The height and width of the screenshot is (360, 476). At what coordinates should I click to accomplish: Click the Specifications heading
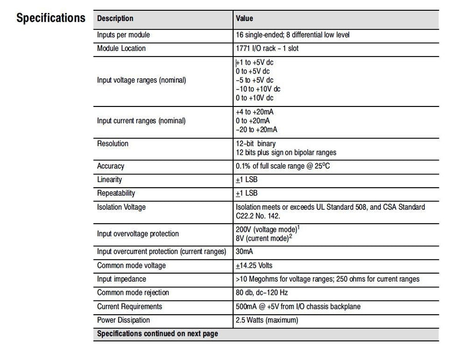[50, 18]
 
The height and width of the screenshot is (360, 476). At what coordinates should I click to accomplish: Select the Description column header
[115, 19]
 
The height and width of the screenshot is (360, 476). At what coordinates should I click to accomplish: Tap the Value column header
[244, 19]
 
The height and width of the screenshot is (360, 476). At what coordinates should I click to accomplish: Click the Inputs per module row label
[124, 35]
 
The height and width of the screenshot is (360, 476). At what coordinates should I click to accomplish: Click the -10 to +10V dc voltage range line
[258, 89]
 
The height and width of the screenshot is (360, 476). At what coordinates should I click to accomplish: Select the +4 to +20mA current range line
[254, 112]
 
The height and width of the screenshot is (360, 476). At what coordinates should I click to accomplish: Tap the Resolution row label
[113, 143]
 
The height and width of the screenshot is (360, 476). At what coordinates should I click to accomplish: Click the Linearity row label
[110, 179]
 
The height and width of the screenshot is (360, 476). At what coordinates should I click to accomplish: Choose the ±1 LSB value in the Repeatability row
[246, 193]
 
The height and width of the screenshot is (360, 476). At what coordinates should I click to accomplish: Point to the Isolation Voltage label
[121, 207]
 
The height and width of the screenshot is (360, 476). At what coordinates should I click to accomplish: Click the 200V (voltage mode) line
[267, 229]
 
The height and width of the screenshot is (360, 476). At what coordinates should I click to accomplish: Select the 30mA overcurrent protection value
[244, 252]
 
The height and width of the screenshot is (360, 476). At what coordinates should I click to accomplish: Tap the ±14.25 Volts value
[254, 265]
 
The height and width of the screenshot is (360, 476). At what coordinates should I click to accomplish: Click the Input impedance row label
[121, 279]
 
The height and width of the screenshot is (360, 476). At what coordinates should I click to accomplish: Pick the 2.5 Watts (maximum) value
[267, 320]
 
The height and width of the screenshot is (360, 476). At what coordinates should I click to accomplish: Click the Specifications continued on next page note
[157, 334]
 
